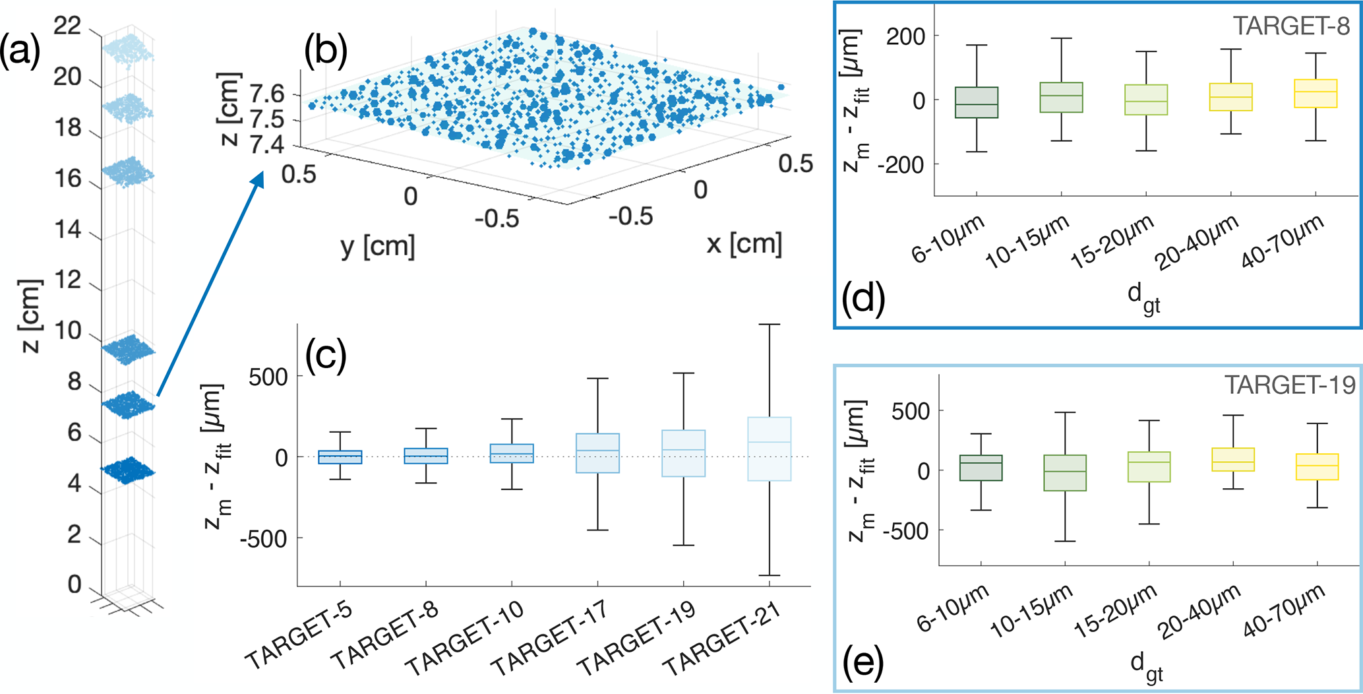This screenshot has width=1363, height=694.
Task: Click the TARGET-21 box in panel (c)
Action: tap(769, 449)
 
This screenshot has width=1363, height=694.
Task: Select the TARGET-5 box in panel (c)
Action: tap(340, 457)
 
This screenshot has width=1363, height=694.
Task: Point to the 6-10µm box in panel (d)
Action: tap(977, 102)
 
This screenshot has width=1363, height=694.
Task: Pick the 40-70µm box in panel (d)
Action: tap(1316, 94)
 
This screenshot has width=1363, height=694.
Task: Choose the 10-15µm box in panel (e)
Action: tap(1065, 473)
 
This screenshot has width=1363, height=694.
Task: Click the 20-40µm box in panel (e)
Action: tap(1233, 460)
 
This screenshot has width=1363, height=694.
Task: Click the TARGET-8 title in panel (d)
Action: tap(1290, 26)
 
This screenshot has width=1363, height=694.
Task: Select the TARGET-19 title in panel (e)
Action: tap(1289, 385)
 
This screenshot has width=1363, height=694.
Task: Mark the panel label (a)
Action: tap(20, 51)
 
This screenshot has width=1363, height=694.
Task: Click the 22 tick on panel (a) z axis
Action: tap(67, 26)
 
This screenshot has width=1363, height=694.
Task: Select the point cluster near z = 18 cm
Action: tap(127, 108)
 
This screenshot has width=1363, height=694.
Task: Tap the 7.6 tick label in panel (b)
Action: tap(268, 94)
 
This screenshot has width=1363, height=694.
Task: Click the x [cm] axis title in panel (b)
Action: tap(744, 244)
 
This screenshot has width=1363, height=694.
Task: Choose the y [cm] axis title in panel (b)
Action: tap(378, 247)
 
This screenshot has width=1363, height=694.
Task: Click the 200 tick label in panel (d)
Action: tap(905, 36)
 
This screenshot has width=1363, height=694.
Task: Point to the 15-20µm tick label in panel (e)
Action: tap(1115, 612)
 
